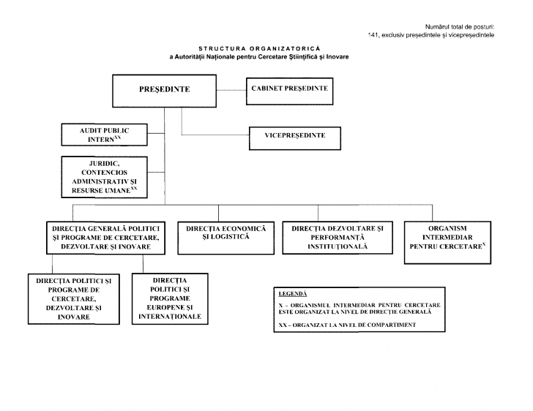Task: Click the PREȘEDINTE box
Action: point(164,90)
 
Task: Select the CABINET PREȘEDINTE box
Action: point(288,89)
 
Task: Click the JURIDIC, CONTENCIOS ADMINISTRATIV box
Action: point(104,176)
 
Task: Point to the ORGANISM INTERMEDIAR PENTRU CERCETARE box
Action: point(447,241)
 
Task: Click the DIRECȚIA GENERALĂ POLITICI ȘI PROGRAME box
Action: point(102,238)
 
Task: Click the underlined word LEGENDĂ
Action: point(293,293)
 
